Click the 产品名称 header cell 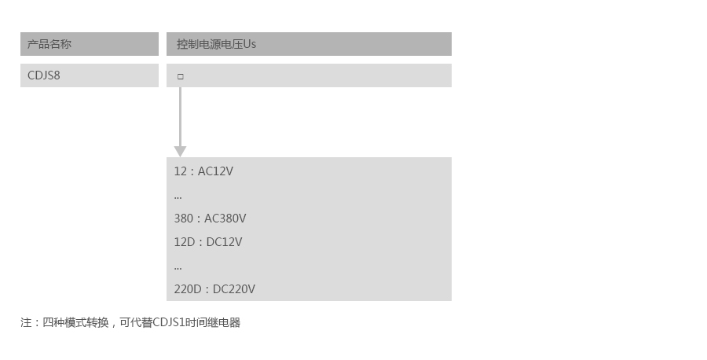(49, 44)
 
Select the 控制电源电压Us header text (216, 44)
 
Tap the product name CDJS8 (44, 75)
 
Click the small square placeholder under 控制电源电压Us (181, 76)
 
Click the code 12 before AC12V (180, 171)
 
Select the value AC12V (215, 171)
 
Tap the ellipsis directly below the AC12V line (178, 196)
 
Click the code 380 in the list (183, 219)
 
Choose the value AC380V (225, 219)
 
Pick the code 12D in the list (184, 242)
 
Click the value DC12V (224, 242)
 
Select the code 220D (188, 289)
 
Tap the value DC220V (234, 289)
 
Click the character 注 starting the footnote (26, 322)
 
